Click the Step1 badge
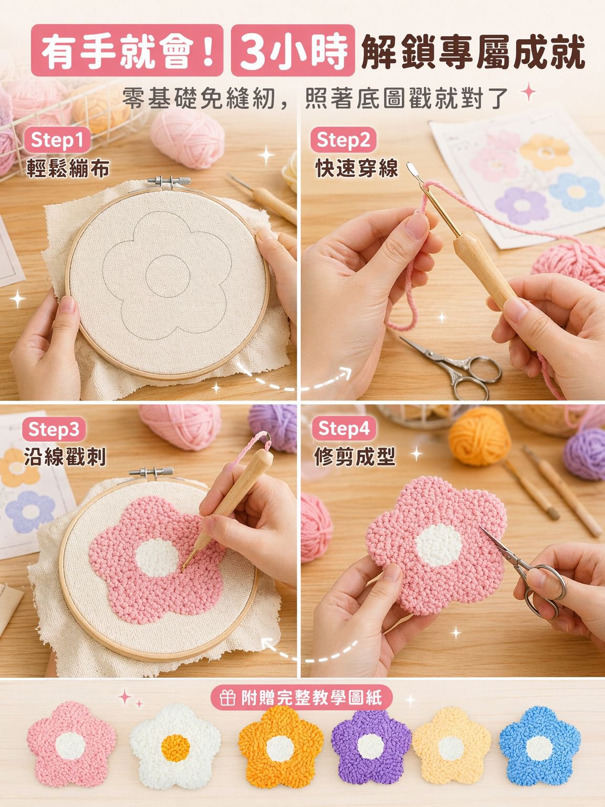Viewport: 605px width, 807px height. click(57, 140)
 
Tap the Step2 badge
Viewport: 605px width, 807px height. click(343, 140)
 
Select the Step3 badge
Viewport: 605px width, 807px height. click(54, 429)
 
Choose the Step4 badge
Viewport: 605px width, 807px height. click(344, 428)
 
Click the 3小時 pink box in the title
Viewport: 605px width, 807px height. click(293, 50)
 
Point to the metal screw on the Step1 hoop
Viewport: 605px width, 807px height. click(169, 181)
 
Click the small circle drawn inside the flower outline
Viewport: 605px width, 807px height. click(168, 276)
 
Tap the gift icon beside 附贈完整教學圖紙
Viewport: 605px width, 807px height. click(227, 697)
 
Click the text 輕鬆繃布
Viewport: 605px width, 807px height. click(68, 169)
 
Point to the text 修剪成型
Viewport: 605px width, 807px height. click(355, 457)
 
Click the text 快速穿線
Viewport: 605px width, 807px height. click(357, 169)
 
